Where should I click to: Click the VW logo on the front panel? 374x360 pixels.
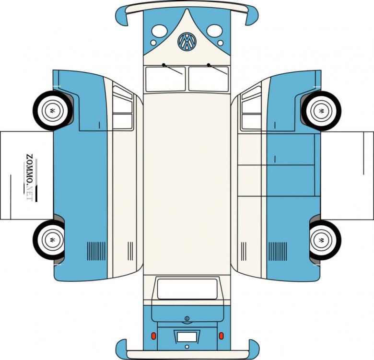point(187,41)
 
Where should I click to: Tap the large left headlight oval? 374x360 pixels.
point(159,31)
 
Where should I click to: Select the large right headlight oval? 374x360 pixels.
point(214,31)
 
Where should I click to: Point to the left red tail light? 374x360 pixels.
point(154,336)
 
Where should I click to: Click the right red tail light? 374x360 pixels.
point(221,336)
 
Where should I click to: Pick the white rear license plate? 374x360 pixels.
point(187,337)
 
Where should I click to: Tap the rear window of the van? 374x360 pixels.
point(187,289)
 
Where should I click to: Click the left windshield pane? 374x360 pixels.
point(165,79)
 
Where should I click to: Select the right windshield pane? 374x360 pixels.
point(209,79)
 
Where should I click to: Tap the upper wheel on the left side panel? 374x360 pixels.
point(53,111)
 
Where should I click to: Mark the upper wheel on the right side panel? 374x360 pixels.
point(321,111)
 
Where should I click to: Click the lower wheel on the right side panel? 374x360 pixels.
point(326,240)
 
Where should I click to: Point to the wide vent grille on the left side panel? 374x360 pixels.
point(96,251)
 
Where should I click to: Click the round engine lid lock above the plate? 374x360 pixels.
point(187,318)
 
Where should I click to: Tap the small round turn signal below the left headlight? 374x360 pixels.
point(153,43)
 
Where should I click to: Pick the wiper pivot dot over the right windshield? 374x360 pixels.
point(209,65)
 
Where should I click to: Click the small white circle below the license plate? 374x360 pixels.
point(187,347)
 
